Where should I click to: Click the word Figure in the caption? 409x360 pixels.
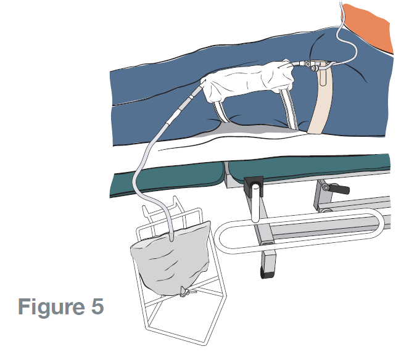[51, 306]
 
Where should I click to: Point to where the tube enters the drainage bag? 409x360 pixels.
[170, 233]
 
